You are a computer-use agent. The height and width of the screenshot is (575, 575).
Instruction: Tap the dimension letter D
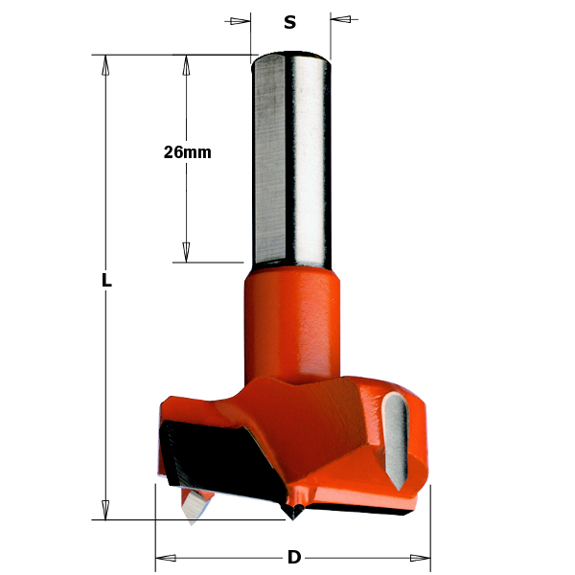pos(293,558)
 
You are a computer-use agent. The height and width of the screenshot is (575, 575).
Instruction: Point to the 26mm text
pos(187,152)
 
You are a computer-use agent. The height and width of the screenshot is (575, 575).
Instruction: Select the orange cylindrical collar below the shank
pos(292,321)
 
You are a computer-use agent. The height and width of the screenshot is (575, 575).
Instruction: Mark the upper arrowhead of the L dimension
pos(106,65)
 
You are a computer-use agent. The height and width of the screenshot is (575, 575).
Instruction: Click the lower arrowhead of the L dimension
pos(106,509)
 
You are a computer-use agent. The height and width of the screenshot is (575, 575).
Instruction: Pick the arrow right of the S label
pos(343,19)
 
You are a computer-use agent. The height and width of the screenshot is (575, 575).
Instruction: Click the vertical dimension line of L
pos(106,383)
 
